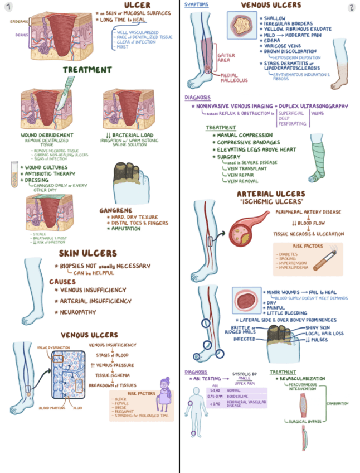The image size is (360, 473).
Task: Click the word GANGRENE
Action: click(115, 210)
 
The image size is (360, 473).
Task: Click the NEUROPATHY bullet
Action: click(78, 312)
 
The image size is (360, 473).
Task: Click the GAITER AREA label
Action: click(227, 58)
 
